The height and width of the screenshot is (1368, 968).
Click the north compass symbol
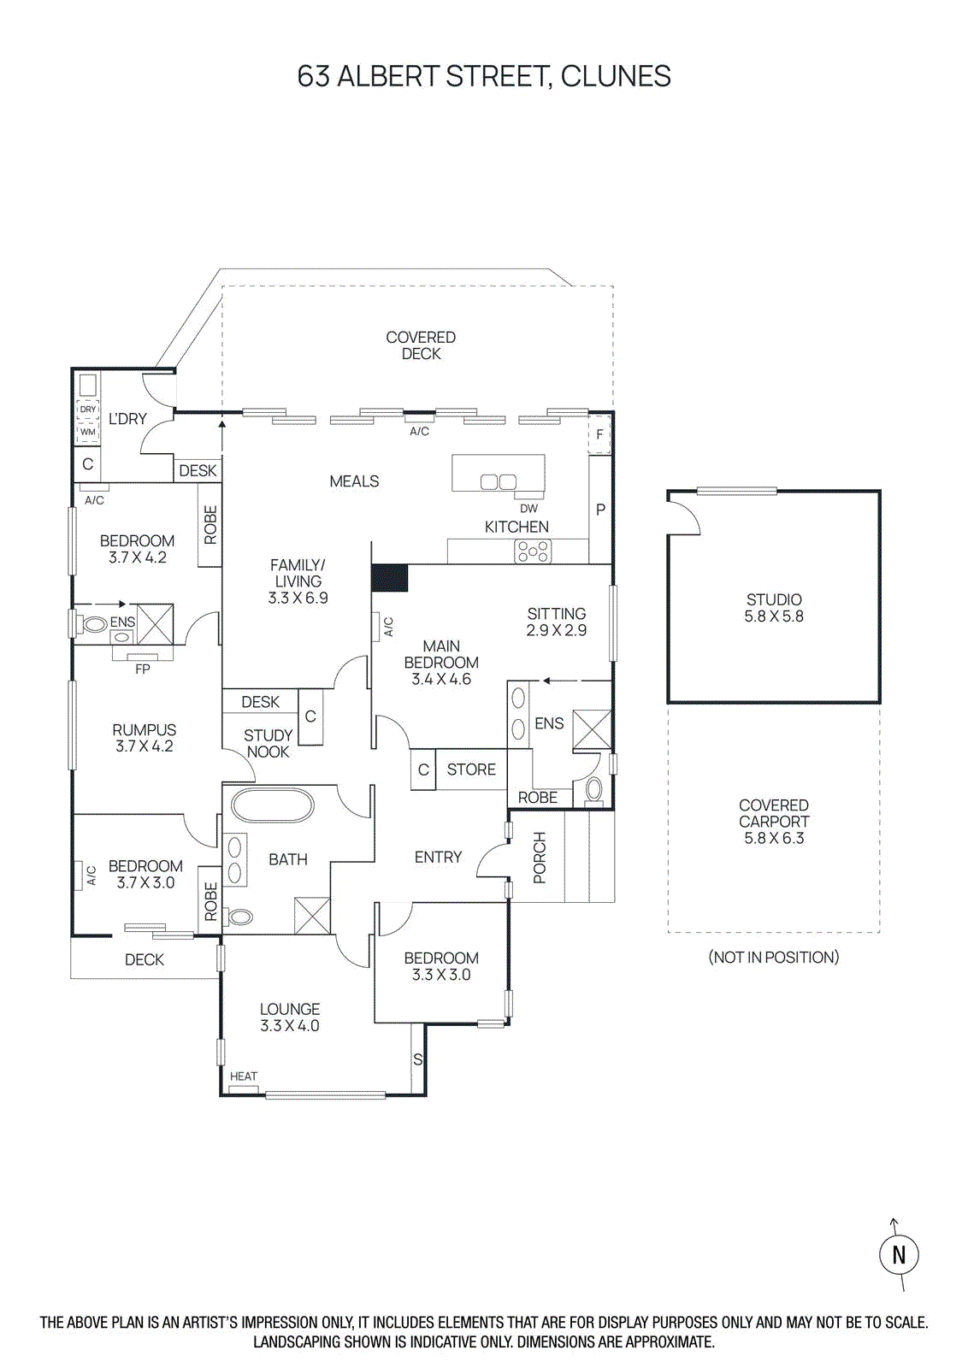pyautogui.click(x=898, y=1254)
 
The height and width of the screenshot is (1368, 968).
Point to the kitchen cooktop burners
pyautogui.click(x=533, y=551)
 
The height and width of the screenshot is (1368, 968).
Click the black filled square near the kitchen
pyautogui.click(x=390, y=578)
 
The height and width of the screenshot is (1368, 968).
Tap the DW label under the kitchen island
pyautogui.click(x=528, y=508)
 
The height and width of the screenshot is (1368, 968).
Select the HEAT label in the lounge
pyautogui.click(x=244, y=1076)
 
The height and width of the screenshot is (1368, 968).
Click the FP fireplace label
pyautogui.click(x=142, y=669)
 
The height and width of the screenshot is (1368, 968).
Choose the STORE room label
pyautogui.click(x=471, y=769)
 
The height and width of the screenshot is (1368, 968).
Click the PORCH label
pyautogui.click(x=540, y=857)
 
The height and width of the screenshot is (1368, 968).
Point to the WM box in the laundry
pyautogui.click(x=88, y=432)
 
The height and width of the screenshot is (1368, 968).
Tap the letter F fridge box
pyautogui.click(x=599, y=434)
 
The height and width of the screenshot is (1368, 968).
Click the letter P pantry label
pyautogui.click(x=600, y=510)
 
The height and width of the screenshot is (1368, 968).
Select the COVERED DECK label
pyautogui.click(x=421, y=345)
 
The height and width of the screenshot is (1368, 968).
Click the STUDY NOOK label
pyautogui.click(x=268, y=743)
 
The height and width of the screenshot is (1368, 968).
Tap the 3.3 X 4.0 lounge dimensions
pyautogui.click(x=290, y=1025)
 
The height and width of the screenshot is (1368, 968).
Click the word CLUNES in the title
pyautogui.click(x=616, y=76)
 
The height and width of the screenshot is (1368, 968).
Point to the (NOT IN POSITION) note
pyautogui.click(x=773, y=957)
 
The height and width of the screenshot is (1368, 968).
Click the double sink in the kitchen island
pyautogui.click(x=498, y=481)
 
